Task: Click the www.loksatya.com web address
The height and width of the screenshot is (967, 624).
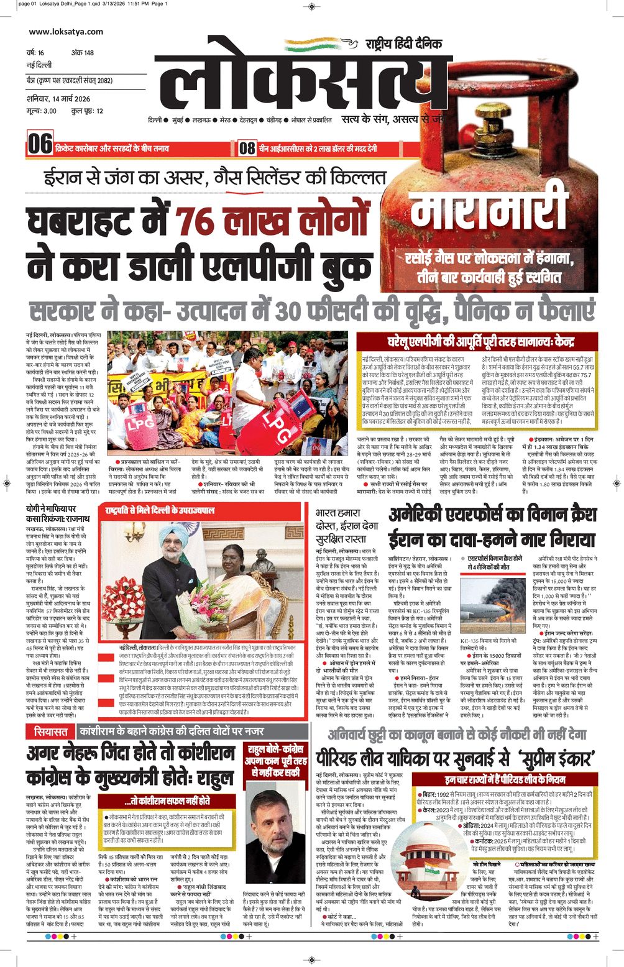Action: (66, 32)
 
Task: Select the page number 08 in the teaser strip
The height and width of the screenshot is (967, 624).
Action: (247, 148)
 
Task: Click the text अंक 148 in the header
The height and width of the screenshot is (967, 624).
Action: (83, 53)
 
